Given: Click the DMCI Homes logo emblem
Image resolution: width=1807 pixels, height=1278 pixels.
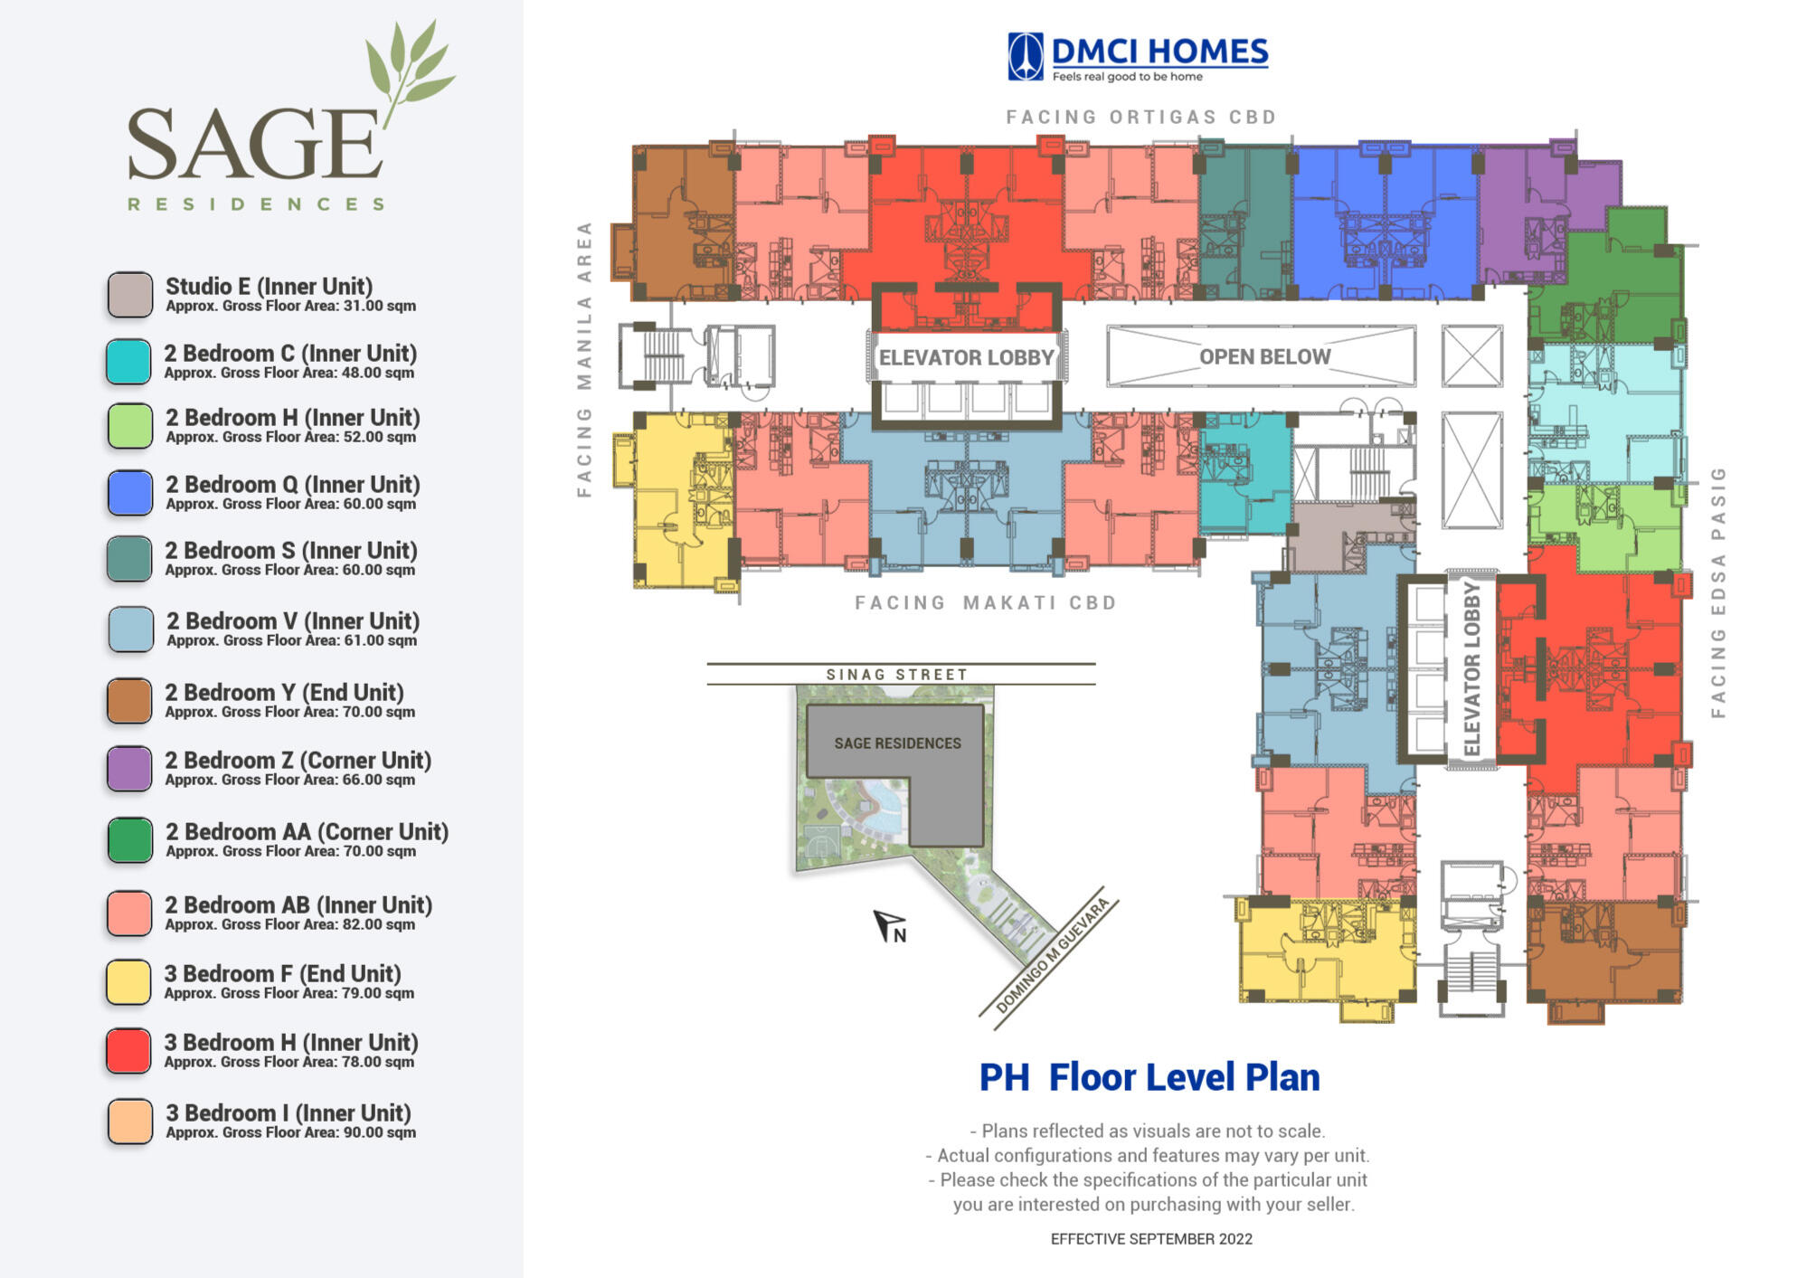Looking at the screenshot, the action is pos(1025,56).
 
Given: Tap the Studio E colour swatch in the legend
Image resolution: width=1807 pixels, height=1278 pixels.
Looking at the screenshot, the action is pos(129,295).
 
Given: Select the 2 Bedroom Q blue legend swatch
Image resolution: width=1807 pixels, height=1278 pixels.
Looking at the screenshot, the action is pos(129,493).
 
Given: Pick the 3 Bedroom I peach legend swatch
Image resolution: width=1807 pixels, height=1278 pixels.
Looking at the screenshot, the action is pos(129,1122).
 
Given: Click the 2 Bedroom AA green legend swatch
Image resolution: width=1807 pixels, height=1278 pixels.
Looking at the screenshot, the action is pos(129,839).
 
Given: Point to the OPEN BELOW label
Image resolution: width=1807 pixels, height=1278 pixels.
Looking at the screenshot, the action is pos(1264,356).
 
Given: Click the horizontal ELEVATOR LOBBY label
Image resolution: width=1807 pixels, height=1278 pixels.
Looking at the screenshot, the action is pos(967,357).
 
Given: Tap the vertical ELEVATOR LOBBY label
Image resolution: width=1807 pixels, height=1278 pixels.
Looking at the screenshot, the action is pos(1471,669).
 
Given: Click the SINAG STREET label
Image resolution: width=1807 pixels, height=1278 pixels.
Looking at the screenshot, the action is pos(896,675).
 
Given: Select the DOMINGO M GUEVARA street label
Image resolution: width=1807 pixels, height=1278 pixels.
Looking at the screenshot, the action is pos(1052,956).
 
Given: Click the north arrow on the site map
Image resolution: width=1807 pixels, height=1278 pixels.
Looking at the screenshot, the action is pos(888,926).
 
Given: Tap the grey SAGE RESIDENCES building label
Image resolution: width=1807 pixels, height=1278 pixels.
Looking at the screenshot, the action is pos(897,743).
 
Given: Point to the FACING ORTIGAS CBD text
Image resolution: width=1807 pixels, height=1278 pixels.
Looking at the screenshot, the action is pos(1141,118).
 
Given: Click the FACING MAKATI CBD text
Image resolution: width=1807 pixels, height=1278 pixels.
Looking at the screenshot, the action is pos(986,602).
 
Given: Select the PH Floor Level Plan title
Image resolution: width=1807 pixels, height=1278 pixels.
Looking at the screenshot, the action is pos(1149,1077).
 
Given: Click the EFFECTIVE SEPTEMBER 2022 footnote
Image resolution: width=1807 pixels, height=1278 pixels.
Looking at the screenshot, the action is pos(1151,1239).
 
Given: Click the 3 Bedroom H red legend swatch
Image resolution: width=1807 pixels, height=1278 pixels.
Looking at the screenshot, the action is pos(128,1051).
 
